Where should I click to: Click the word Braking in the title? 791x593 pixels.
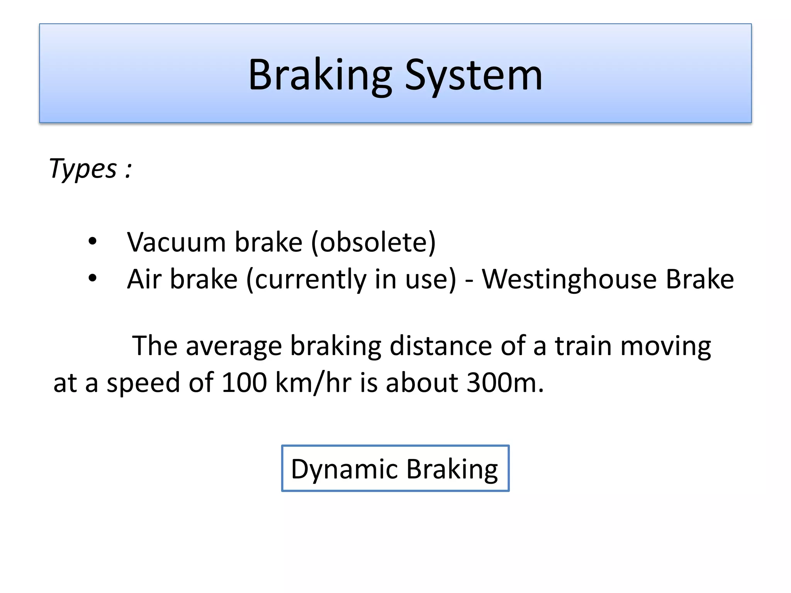[320, 75]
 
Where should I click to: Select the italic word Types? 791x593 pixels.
[83, 169]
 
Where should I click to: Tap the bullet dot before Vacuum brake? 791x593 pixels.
[92, 242]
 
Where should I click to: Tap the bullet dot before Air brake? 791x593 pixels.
[92, 278]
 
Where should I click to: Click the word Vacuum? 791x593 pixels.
[176, 242]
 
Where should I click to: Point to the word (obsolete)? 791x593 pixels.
[373, 242]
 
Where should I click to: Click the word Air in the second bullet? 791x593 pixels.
[144, 279]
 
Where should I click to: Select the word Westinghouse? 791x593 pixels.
[569, 279]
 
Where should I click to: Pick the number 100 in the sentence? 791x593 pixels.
[244, 383]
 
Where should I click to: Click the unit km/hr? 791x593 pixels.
[313, 383]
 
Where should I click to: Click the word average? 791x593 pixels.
[234, 346]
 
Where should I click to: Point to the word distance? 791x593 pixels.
[440, 346]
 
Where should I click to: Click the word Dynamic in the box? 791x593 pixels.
[344, 469]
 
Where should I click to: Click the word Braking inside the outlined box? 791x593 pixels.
[452, 469]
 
